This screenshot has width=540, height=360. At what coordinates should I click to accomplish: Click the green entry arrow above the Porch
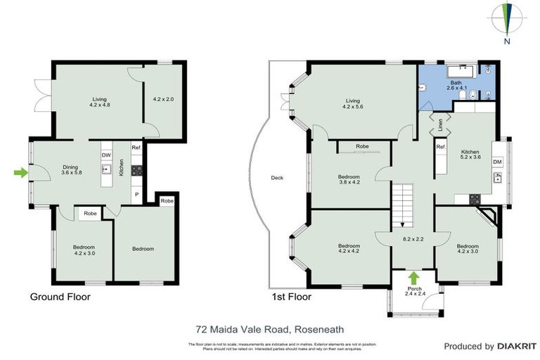point(413,278)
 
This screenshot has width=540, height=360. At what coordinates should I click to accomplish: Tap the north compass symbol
point(507,21)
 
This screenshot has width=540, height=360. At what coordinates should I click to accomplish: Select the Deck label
point(278,178)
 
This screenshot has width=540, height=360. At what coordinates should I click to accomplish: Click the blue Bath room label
point(456,86)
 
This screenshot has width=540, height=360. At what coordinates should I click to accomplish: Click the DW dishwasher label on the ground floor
point(106,155)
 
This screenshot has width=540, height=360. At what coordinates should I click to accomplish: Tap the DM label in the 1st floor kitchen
point(497,162)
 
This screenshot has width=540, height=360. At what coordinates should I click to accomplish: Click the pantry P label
point(137,194)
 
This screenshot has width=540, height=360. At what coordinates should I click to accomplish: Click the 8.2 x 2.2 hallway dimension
point(413,240)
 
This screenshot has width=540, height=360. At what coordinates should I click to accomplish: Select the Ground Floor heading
point(60,297)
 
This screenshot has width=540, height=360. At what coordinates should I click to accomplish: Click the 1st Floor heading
point(291,297)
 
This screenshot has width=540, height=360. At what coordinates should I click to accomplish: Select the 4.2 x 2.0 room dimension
point(162,99)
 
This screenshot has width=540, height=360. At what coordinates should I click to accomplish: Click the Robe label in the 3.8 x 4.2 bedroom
point(362,146)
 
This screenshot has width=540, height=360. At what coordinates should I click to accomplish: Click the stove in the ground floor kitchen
point(137,169)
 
